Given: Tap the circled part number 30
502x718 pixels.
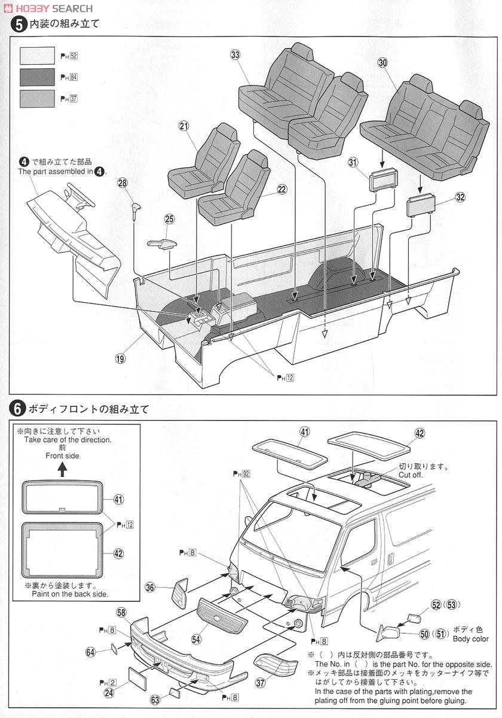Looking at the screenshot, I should pos(382,62).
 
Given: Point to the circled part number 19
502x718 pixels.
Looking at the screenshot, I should pos(121,359).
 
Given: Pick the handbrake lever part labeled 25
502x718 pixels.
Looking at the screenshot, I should pos(161,242).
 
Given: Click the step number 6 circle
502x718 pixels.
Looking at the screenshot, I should pos(17,409).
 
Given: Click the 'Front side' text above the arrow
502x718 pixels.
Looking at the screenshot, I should pos(63,455).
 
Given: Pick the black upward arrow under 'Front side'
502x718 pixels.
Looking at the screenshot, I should pos(63,470).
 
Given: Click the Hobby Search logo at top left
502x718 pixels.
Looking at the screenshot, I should pos(48,8).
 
